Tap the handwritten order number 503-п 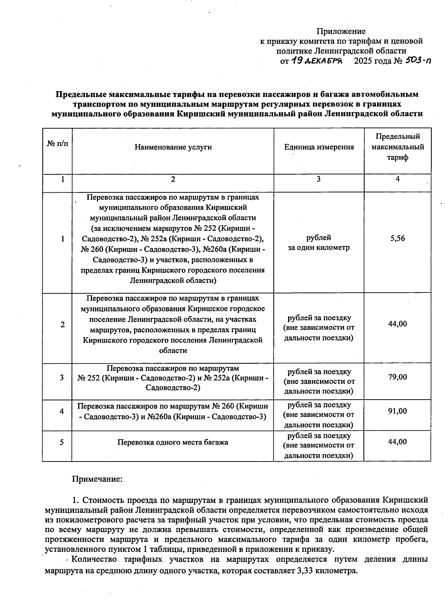(x=418, y=60)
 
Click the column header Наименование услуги (x=173, y=147)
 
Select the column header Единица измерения (x=319, y=147)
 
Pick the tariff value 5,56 (x=398, y=238)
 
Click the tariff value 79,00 (x=398, y=377)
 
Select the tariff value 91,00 (x=398, y=411)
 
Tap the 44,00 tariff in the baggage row (x=398, y=441)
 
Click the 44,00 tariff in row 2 (x=398, y=324)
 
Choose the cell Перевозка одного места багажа (x=173, y=442)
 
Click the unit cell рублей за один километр (x=319, y=243)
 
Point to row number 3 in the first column (x=62, y=377)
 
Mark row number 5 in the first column (x=62, y=442)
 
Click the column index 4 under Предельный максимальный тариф (x=398, y=179)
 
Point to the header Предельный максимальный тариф (x=398, y=147)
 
